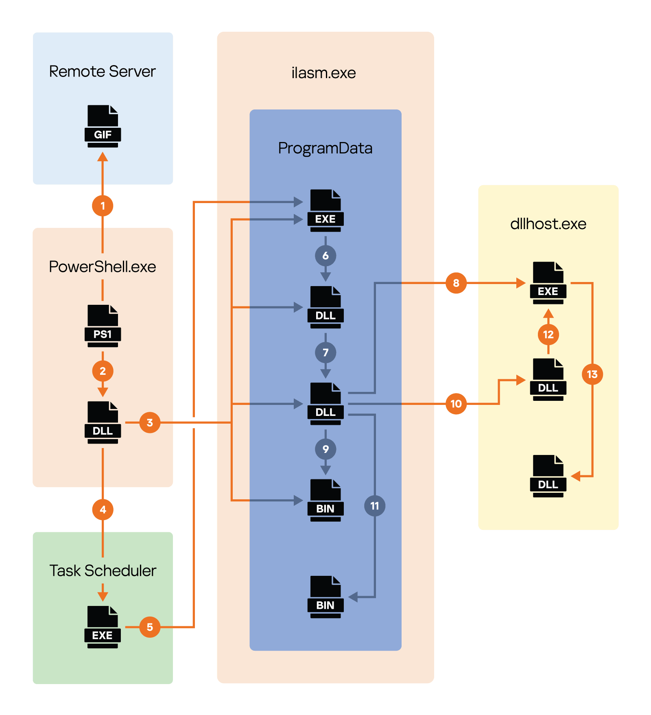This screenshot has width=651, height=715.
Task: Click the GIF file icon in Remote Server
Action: click(103, 126)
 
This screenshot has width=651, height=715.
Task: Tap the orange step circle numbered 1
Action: click(103, 206)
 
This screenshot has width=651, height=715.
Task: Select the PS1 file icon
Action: click(103, 326)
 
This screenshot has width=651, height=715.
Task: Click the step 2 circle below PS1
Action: click(103, 371)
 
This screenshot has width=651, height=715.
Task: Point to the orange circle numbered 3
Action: click(150, 422)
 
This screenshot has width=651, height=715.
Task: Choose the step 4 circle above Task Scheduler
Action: click(103, 509)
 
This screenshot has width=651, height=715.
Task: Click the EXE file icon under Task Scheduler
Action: click(103, 627)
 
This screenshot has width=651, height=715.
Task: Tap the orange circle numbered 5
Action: click(150, 627)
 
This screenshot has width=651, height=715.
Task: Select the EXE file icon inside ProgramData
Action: click(325, 211)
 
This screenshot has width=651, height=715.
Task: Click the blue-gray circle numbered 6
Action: click(325, 256)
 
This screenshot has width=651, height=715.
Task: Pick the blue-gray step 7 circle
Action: click(325, 352)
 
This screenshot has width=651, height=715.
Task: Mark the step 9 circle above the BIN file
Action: click(325, 449)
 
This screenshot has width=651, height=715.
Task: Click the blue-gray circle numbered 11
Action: click(375, 506)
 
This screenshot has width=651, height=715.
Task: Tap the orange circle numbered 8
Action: click(456, 283)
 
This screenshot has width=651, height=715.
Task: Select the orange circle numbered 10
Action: click(456, 404)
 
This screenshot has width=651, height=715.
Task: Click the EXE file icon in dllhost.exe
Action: click(548, 283)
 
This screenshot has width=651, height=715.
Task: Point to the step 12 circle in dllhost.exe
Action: click(548, 335)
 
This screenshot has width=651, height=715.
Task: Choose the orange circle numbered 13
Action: click(592, 374)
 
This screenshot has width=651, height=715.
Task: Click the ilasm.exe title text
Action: click(323, 73)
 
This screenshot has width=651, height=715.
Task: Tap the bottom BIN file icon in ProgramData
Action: click(325, 597)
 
